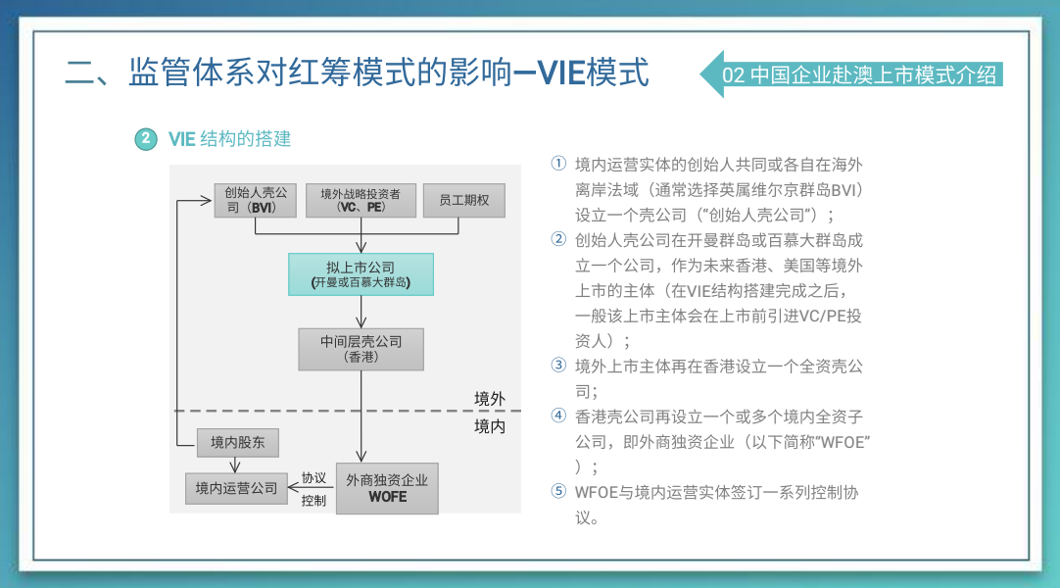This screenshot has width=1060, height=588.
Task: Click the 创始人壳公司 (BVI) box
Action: [x=255, y=200]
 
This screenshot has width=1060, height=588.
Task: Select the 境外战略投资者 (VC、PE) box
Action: [x=361, y=200]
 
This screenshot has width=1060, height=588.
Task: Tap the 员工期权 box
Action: [x=463, y=200]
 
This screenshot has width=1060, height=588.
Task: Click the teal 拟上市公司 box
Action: [x=361, y=274]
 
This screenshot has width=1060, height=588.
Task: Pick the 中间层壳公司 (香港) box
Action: [x=361, y=349]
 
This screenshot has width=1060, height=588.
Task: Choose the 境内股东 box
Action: [x=237, y=443]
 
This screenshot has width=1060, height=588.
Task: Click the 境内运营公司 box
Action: [x=237, y=488]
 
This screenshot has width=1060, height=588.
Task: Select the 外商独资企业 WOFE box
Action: [x=387, y=488]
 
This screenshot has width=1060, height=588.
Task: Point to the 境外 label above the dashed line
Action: [x=490, y=399]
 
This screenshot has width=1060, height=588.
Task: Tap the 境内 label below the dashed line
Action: [x=490, y=426]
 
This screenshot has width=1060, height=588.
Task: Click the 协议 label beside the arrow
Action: [x=313, y=478]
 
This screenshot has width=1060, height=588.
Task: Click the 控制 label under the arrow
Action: [x=313, y=500]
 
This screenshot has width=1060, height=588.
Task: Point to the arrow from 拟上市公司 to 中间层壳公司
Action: [x=361, y=313]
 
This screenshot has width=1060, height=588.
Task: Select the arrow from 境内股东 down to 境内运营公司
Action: [x=234, y=465]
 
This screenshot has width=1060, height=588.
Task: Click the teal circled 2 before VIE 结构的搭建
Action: [x=145, y=139]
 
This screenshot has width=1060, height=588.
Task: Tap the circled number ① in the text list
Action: [x=558, y=164]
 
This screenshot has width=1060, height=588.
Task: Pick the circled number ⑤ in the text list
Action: [x=558, y=491]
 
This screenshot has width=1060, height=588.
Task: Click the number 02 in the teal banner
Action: [x=734, y=75]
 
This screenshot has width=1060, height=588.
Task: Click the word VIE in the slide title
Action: [x=561, y=73]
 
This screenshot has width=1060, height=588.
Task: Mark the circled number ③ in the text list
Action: [x=558, y=366]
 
